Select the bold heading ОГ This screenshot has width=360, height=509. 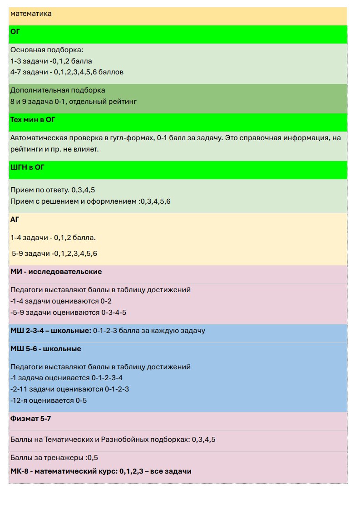[15, 31]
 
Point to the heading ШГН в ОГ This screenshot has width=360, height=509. [30, 166]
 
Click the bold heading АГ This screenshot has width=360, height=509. [15, 219]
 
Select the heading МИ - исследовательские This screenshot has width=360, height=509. [56, 272]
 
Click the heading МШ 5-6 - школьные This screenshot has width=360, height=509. [45, 349]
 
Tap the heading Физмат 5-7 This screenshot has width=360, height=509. [30, 419]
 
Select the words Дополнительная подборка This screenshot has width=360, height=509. [58, 90]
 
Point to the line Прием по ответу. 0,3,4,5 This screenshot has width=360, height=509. [53, 190]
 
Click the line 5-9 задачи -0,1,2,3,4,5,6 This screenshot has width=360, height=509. [54, 254]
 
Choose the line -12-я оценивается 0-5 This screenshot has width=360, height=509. [48, 401]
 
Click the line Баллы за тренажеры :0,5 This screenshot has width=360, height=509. [54, 457]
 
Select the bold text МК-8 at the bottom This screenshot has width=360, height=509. [20, 471]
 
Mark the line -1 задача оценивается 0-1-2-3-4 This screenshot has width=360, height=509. [66, 378]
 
